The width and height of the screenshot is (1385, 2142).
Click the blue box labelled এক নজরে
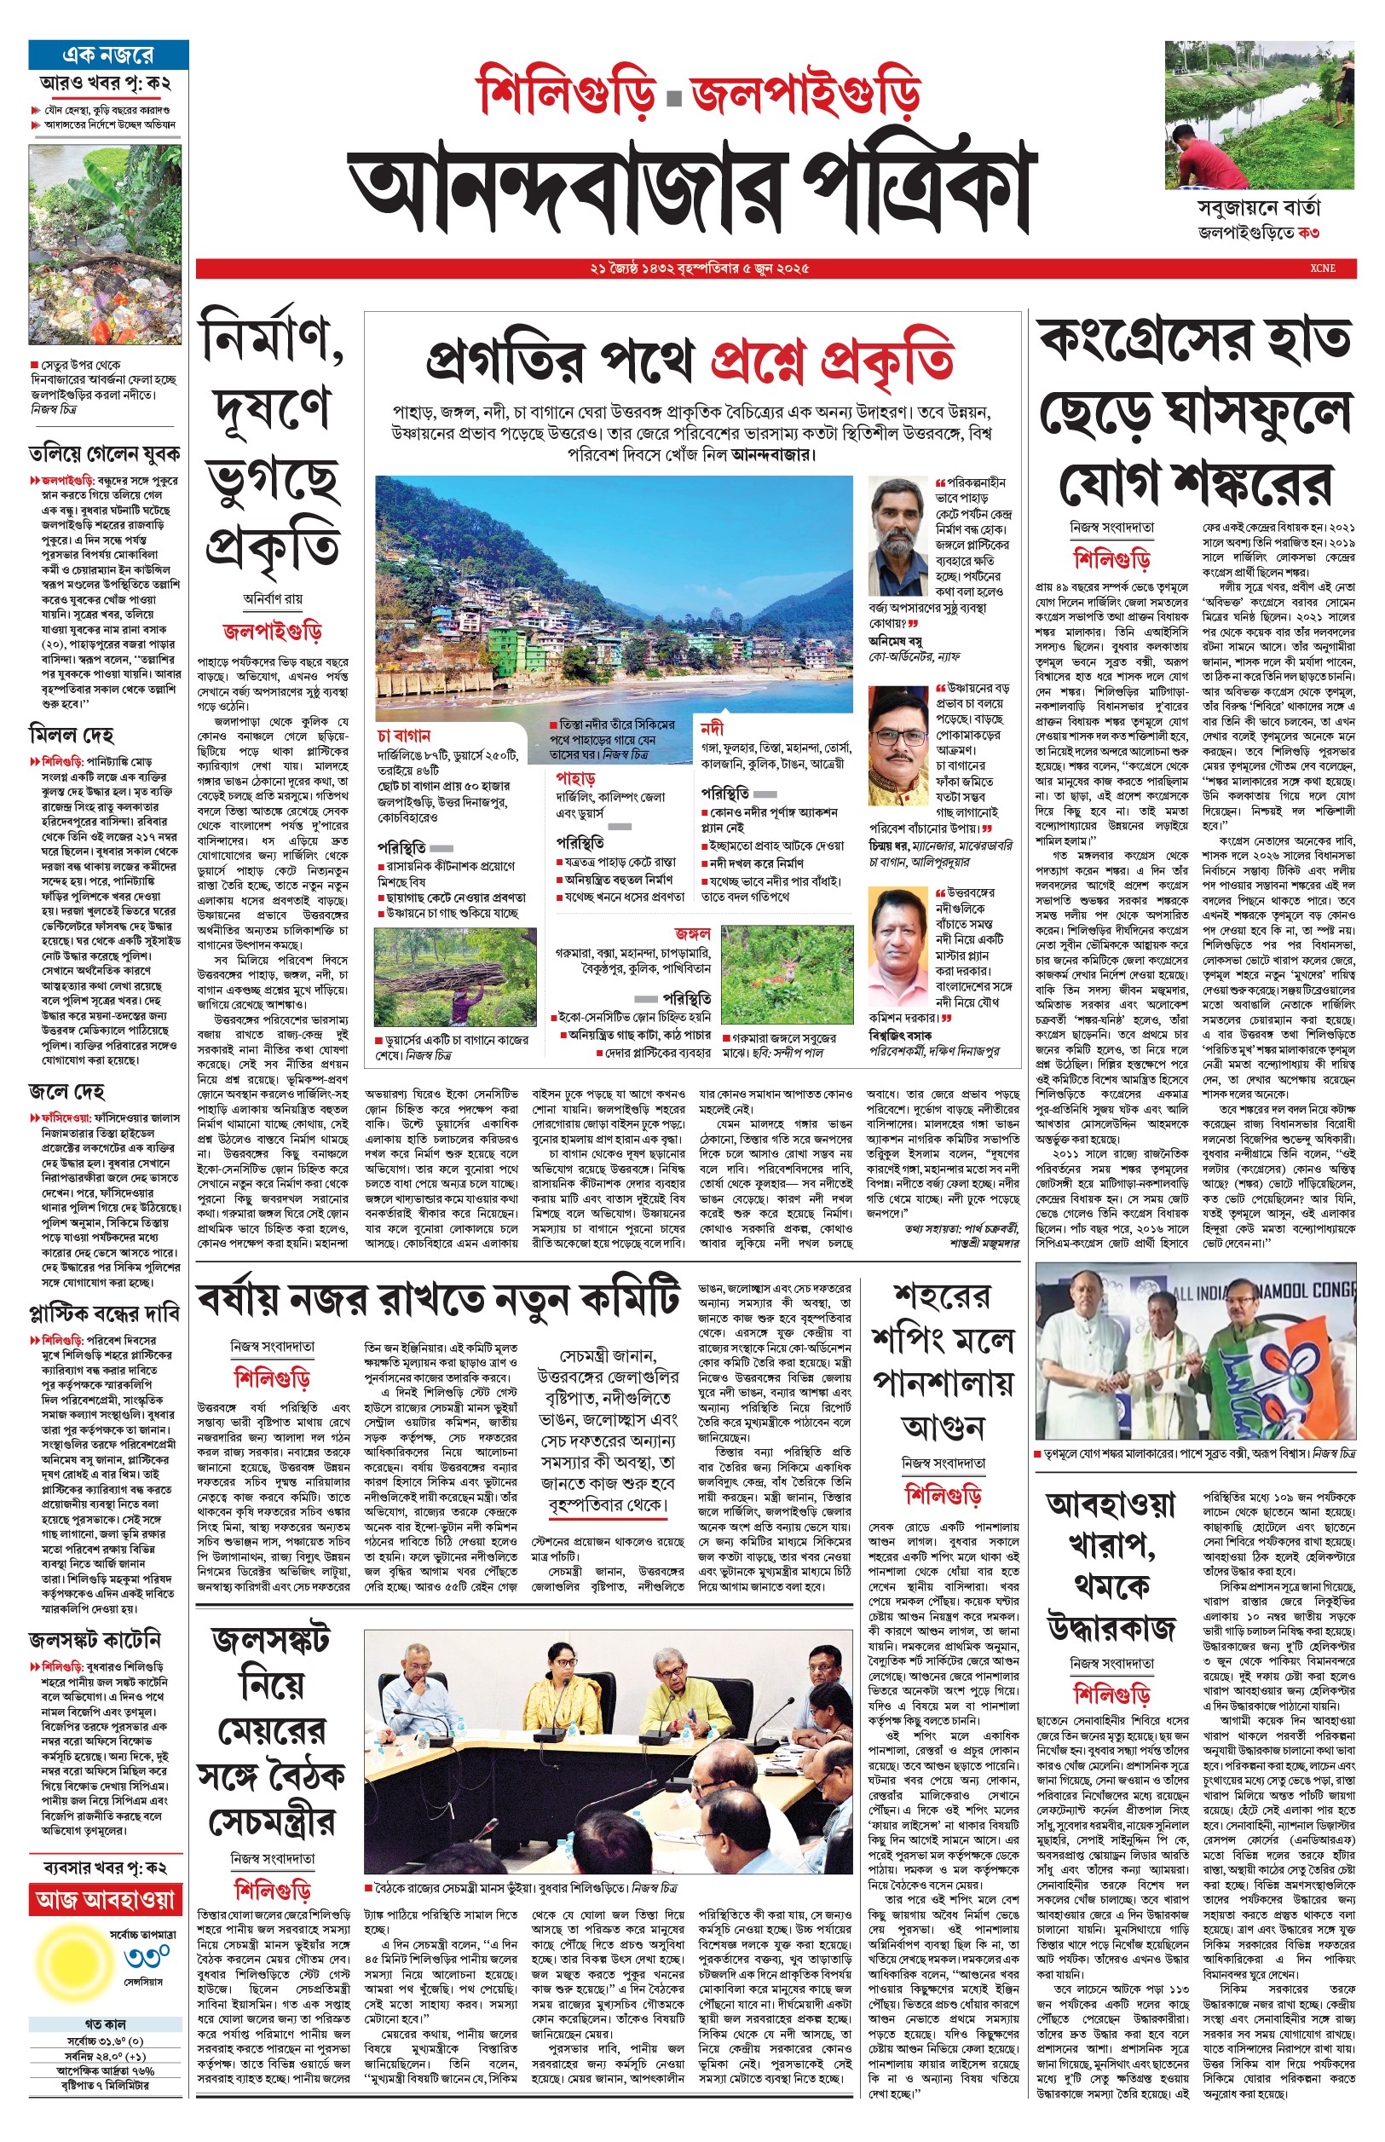[108, 55]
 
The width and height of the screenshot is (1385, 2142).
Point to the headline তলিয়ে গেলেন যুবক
[104, 453]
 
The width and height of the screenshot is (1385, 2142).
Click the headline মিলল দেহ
[72, 735]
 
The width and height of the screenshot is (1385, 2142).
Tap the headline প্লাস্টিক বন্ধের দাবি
[104, 1313]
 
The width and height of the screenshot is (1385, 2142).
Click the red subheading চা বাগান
[404, 736]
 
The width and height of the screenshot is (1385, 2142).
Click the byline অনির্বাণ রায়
[273, 598]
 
